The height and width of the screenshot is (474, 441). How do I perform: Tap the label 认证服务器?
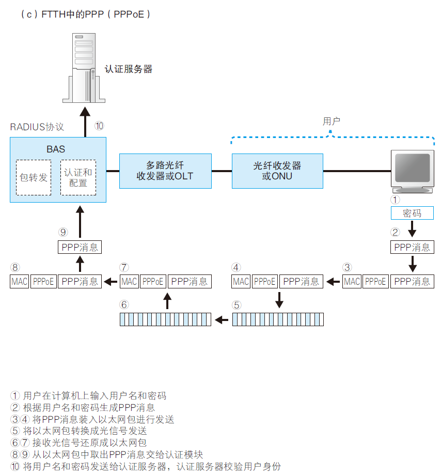(x=128, y=69)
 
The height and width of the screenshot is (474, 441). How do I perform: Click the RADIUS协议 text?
(x=37, y=127)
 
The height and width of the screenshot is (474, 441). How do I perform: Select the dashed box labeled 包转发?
(x=34, y=177)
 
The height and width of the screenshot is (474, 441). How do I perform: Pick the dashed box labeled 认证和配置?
(x=78, y=177)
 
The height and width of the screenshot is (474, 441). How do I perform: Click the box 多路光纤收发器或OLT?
(x=165, y=171)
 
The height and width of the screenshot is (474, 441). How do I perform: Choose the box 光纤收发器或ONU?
(x=277, y=171)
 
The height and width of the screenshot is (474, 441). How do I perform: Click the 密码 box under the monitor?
(x=412, y=213)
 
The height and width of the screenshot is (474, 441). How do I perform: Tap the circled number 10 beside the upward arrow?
(x=100, y=126)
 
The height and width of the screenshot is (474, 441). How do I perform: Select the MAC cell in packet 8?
(x=20, y=282)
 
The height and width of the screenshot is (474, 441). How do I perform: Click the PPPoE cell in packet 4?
(x=264, y=282)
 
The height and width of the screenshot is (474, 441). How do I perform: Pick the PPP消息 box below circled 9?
(x=80, y=247)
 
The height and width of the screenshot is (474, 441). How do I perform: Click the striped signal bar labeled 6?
(x=165, y=319)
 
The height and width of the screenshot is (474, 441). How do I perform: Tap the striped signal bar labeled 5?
(x=278, y=319)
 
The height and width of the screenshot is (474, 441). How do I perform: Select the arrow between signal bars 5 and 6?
(x=222, y=320)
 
